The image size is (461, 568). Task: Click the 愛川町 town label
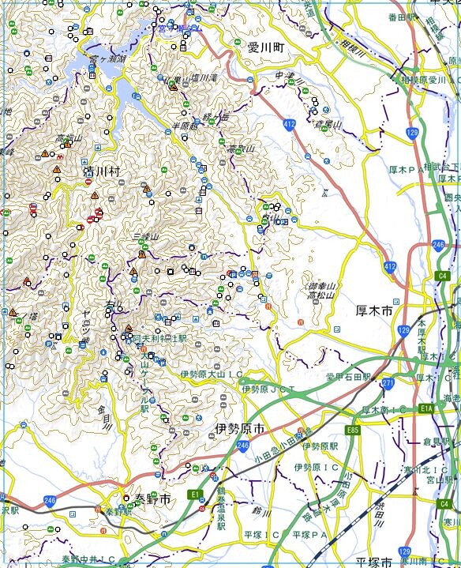click(x=265, y=47)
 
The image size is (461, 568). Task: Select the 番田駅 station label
click(x=402, y=16)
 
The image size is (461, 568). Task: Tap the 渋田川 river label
click(x=377, y=506)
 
